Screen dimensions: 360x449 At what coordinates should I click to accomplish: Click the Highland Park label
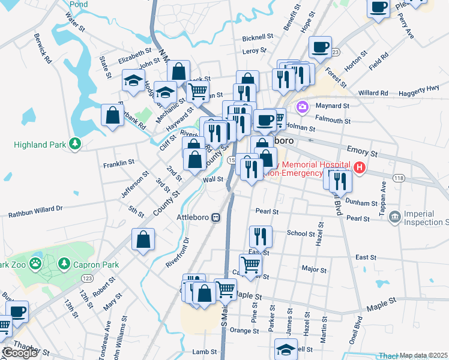[x=40, y=145]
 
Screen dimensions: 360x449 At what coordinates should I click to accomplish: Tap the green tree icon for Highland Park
[x=75, y=144]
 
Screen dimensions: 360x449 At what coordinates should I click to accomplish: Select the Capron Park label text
[x=96, y=265]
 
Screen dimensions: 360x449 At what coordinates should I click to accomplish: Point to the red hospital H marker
[x=360, y=167]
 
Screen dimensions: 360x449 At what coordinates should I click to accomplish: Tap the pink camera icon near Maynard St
[x=303, y=107]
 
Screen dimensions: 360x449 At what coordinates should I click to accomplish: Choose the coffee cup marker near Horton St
[x=320, y=47]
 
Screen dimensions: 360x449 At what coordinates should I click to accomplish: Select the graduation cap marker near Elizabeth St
[x=133, y=80]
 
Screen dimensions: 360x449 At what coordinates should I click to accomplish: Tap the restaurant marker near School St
[x=260, y=236]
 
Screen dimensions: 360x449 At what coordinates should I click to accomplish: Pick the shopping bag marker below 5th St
[x=143, y=240]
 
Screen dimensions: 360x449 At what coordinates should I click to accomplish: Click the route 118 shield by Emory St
[x=399, y=178]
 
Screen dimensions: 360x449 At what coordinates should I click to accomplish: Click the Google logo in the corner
[x=20, y=353]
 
